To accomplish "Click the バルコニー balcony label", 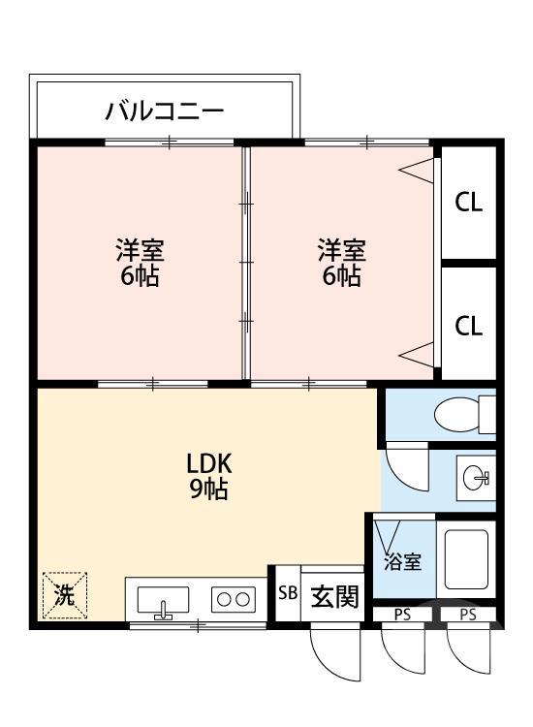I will click(165, 111).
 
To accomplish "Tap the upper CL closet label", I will click(469, 204).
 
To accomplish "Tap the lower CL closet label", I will click(469, 326).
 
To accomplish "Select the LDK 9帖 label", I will click(208, 476).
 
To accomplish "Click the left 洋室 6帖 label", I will click(141, 263).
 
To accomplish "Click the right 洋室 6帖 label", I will click(342, 263).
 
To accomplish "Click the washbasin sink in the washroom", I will click(476, 477).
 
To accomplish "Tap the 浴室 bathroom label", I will click(401, 561).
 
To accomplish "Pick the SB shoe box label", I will click(288, 593).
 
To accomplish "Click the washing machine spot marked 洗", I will click(64, 595).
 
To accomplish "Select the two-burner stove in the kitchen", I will click(233, 599).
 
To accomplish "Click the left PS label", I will click(401, 614).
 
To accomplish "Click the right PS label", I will click(468, 614).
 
